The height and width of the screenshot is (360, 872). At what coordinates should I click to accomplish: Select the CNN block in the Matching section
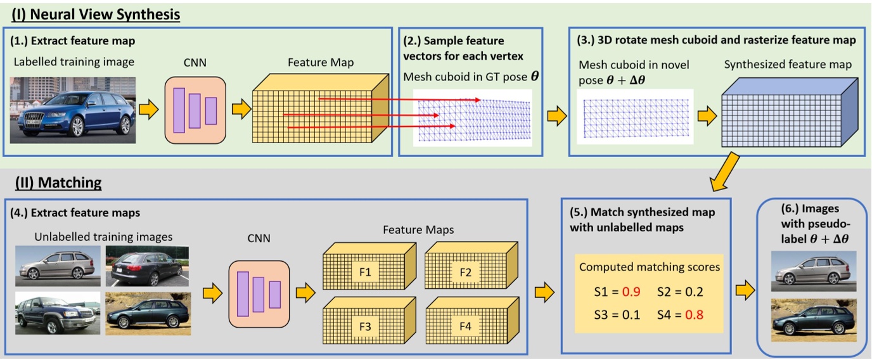(x=258, y=293)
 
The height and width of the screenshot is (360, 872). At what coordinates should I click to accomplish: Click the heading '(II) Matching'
(x=56, y=183)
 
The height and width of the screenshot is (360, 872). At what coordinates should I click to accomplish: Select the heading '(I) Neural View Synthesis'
(x=96, y=13)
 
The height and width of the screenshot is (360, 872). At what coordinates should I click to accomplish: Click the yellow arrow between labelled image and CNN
(x=148, y=110)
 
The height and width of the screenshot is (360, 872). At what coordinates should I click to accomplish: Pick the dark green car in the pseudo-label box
(x=814, y=323)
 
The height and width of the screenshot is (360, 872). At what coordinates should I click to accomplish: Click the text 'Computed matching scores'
(x=650, y=267)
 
